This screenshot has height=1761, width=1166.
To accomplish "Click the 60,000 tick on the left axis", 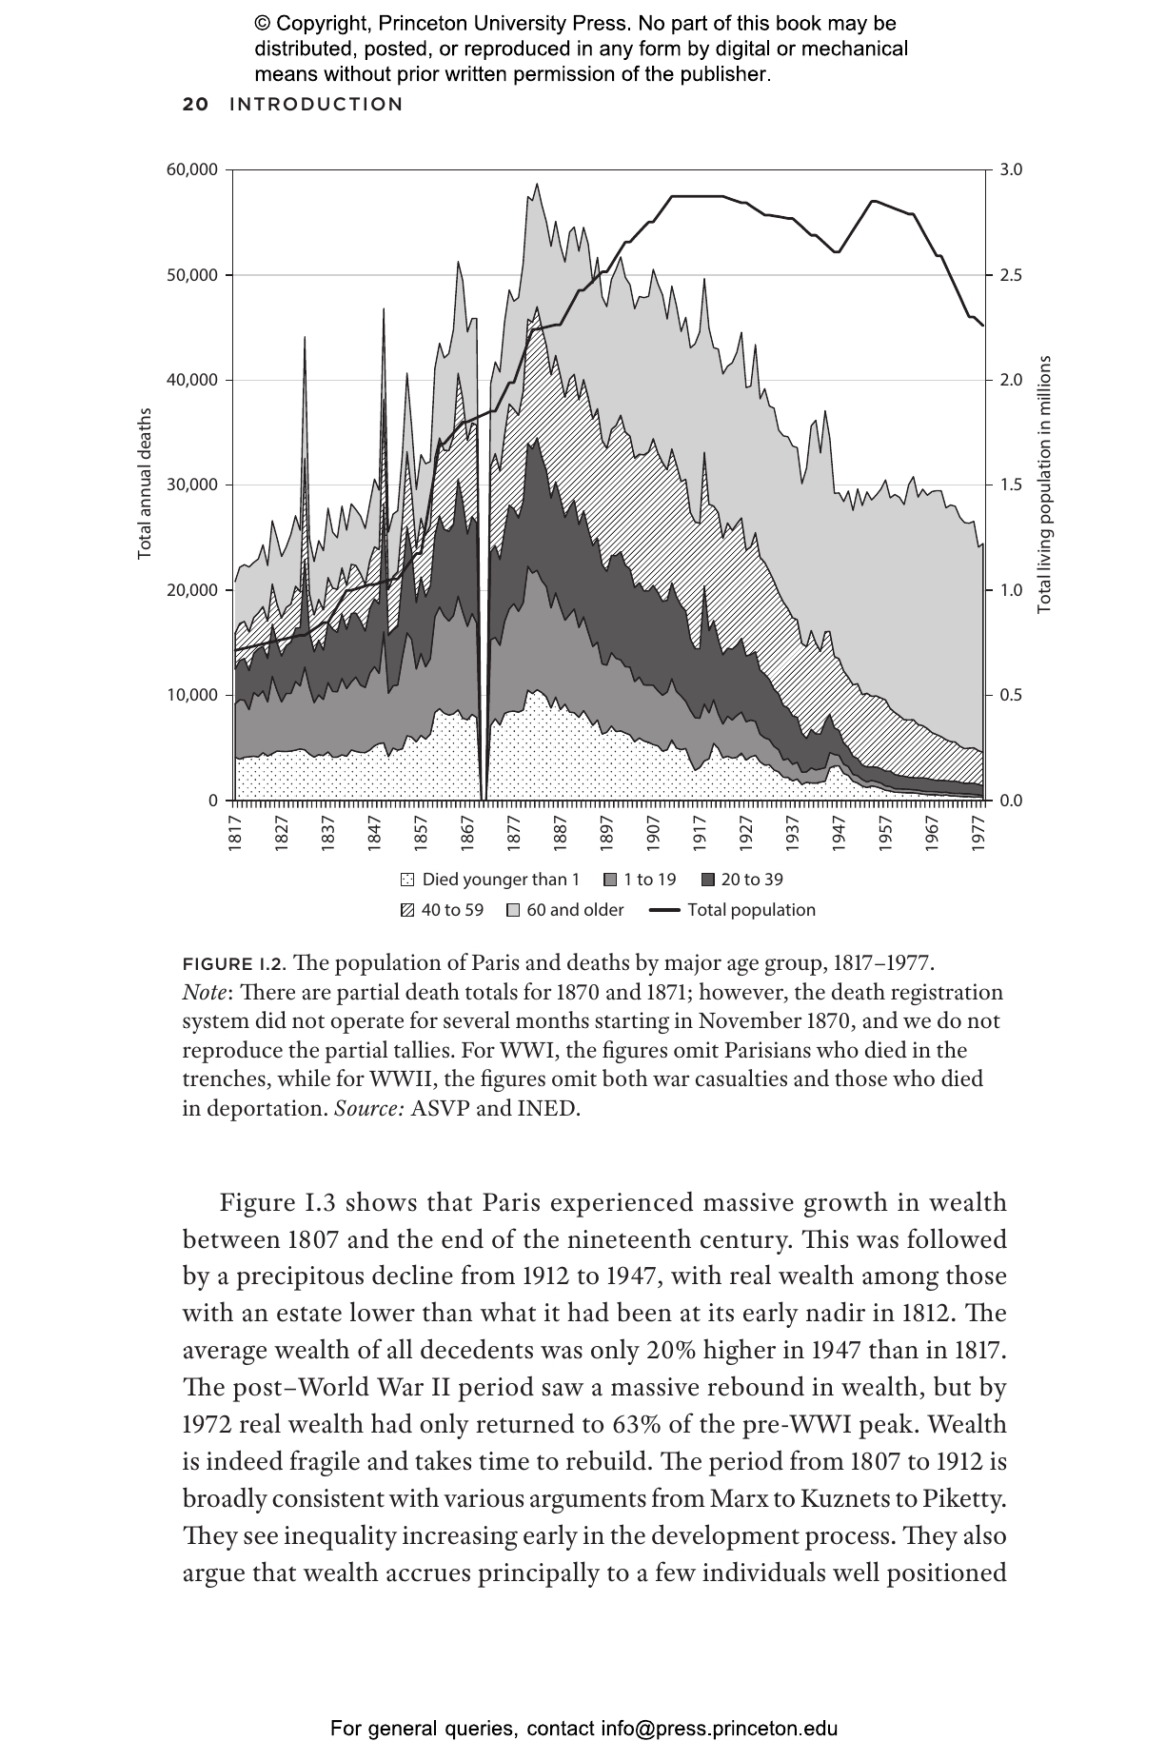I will pyautogui.click(x=193, y=170).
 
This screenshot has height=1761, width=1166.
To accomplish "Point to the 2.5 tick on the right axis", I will pyautogui.click(x=1011, y=275).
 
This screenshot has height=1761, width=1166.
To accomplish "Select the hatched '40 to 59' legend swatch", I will pyautogui.click(x=408, y=910).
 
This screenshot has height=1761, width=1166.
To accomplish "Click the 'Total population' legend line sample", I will pyautogui.click(x=664, y=910).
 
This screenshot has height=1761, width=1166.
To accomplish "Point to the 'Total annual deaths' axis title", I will pyautogui.click(x=145, y=484).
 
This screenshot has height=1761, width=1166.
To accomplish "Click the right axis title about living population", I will pyautogui.click(x=1044, y=484).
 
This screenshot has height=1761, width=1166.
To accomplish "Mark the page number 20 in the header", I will pyautogui.click(x=195, y=105).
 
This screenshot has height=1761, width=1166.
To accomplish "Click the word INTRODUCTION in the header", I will pyautogui.click(x=316, y=105).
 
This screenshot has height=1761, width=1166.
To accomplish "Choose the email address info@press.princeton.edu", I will pyautogui.click(x=719, y=1729).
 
